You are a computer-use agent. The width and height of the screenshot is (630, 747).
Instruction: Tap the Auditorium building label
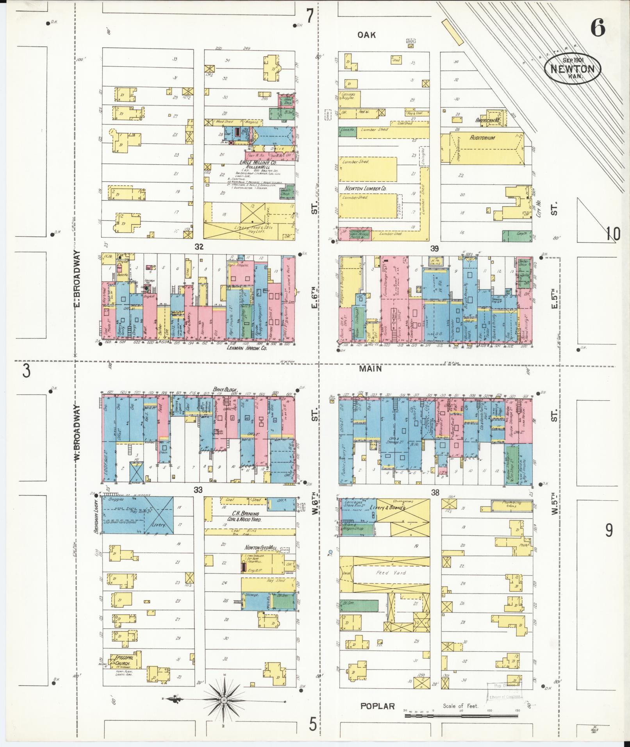tap(482, 138)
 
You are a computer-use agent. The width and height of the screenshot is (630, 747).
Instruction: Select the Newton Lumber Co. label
tap(365, 188)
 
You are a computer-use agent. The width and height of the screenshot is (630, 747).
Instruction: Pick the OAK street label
tap(367, 35)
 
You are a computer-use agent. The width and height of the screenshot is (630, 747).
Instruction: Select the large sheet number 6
tap(597, 28)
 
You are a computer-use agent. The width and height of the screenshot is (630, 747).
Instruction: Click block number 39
tap(434, 249)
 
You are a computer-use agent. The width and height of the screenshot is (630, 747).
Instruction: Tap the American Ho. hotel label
tap(488, 121)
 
